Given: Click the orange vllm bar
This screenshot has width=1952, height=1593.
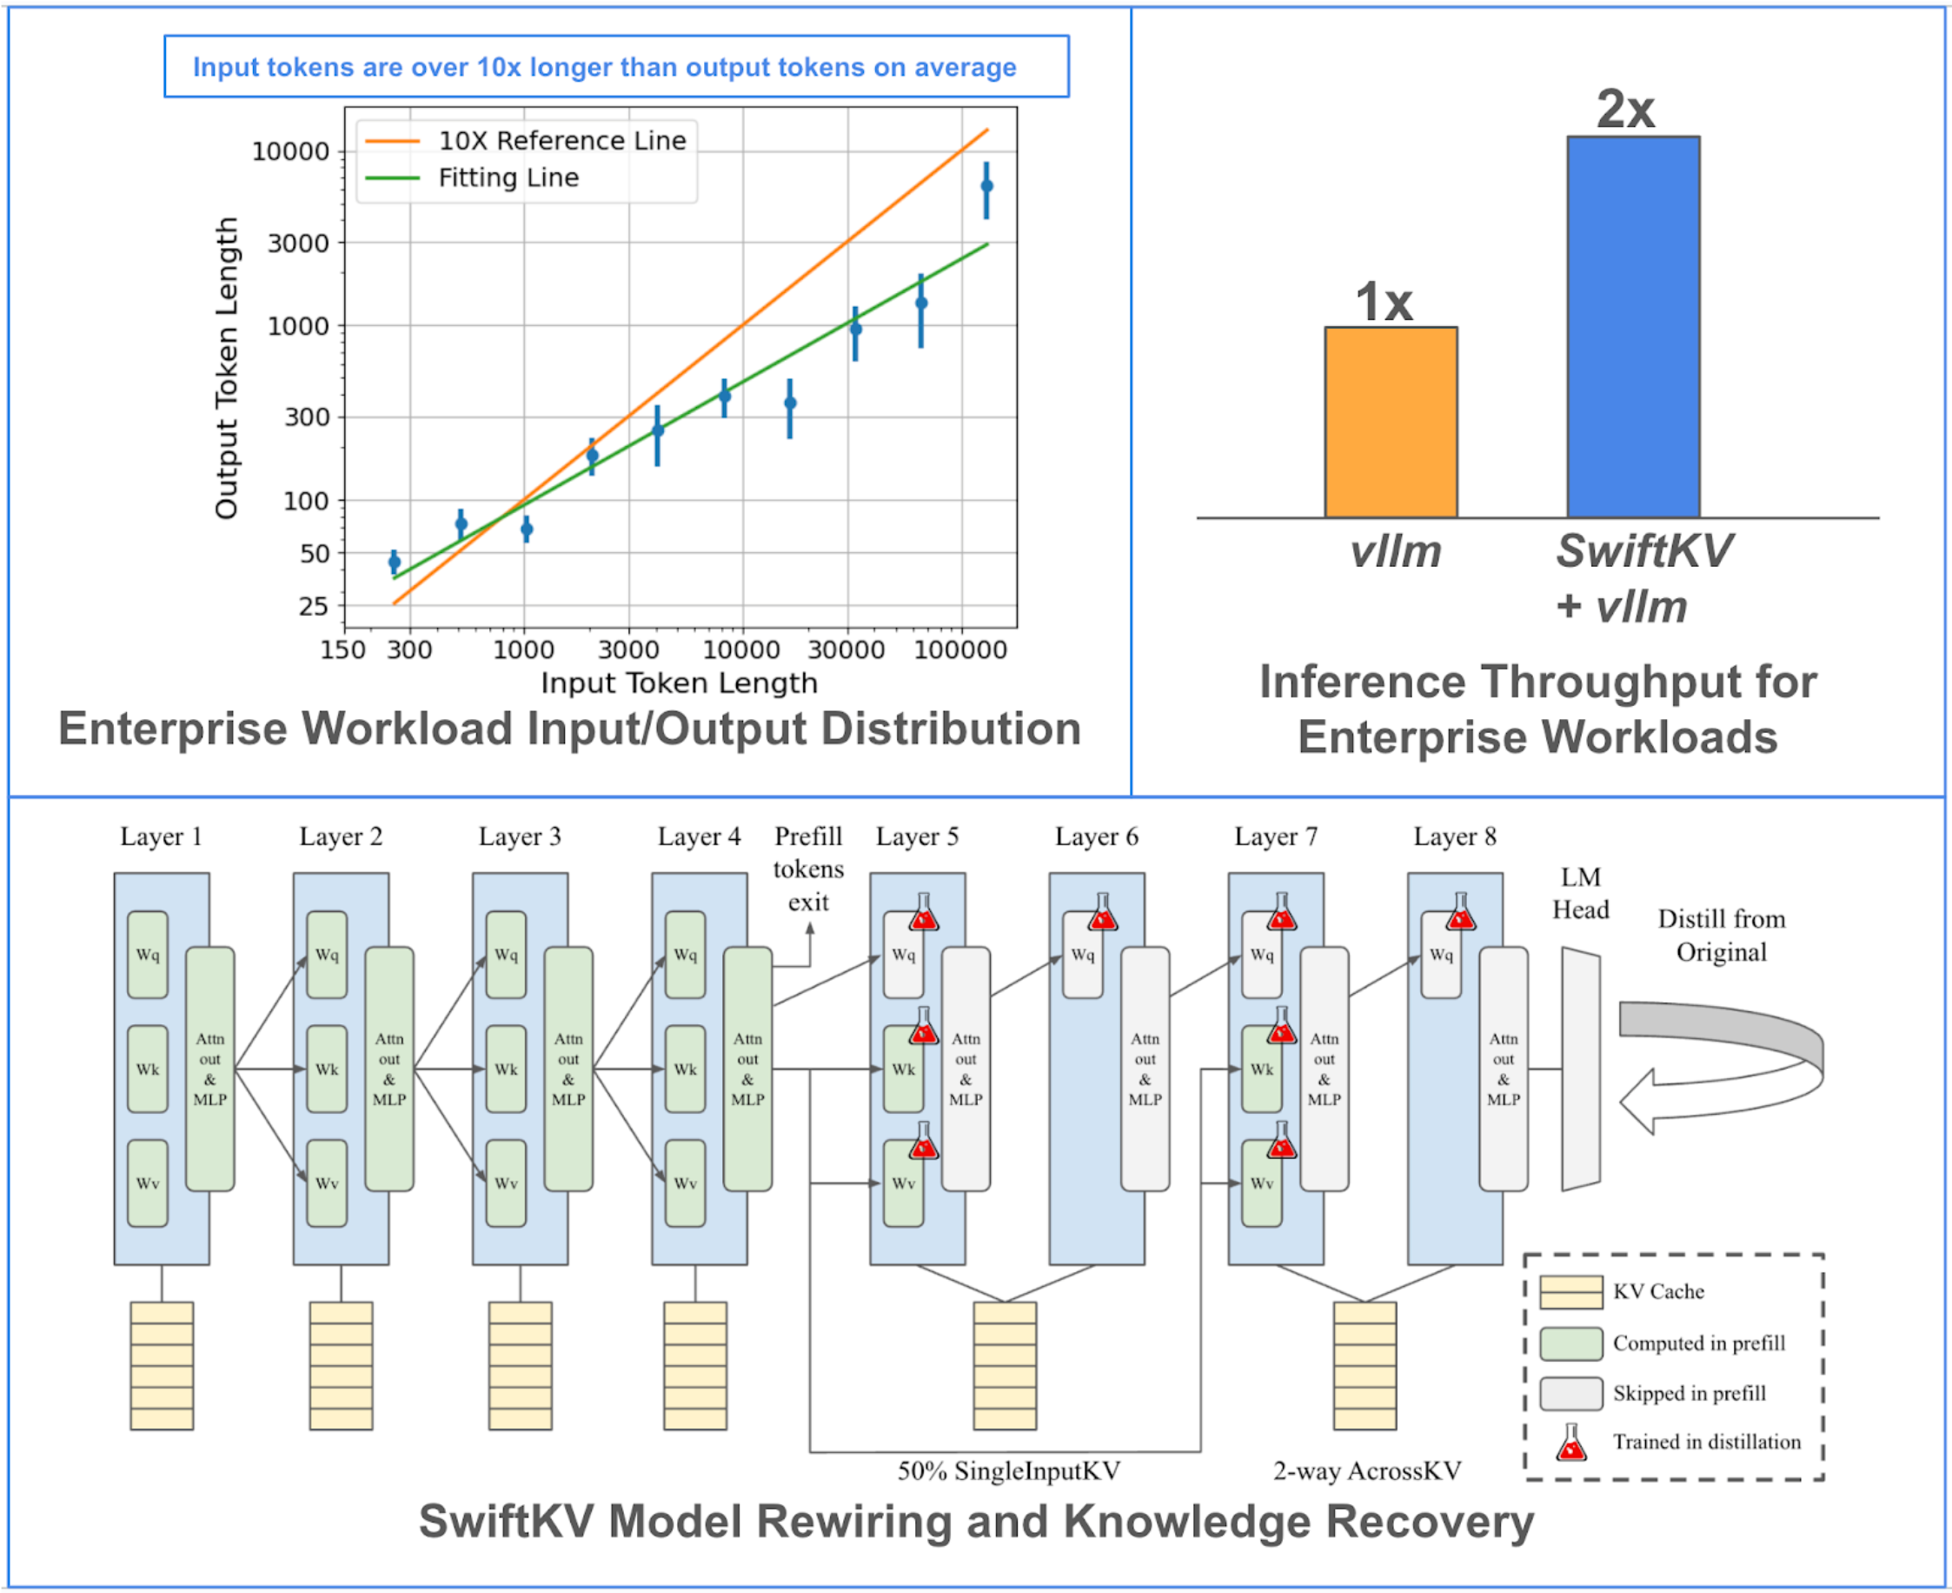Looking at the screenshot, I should point(1391,422).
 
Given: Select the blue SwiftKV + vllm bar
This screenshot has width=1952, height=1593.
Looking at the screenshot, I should point(1633,327).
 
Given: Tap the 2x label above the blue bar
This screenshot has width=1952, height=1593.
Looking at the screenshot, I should point(1625,110).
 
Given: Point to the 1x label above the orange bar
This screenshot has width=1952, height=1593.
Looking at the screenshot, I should point(1384,302).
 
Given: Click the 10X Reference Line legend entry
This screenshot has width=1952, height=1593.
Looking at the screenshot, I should point(561,140).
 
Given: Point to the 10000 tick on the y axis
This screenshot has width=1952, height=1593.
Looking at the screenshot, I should point(290,151).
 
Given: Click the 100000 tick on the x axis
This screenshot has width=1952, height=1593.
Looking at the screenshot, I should point(960,650).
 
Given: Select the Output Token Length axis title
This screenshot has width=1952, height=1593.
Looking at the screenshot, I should point(226,367).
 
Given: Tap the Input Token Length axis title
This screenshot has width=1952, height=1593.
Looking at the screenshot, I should point(679,683).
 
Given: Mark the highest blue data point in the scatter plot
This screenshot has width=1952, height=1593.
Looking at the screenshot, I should point(987,186).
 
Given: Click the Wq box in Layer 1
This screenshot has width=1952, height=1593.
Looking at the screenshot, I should point(148,955).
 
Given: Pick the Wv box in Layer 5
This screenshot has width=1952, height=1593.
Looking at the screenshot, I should point(904,1183).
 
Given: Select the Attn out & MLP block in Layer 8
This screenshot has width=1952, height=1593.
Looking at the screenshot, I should point(1503,1068).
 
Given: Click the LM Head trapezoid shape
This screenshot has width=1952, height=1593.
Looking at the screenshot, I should point(1581,1068).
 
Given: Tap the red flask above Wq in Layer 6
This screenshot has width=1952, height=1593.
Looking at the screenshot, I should point(1103,914).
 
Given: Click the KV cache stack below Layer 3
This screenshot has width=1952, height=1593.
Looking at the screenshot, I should point(520,1364).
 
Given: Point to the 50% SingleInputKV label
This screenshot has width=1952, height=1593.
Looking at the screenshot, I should point(1008,1471).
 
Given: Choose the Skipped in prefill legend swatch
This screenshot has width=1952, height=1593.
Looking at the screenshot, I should point(1571,1393).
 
